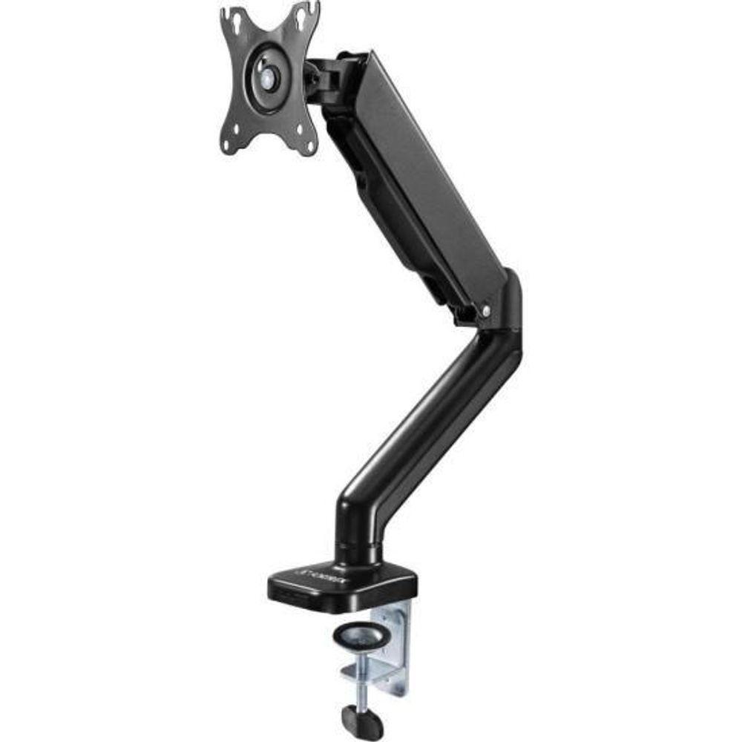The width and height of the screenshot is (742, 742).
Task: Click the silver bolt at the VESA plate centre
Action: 268,76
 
